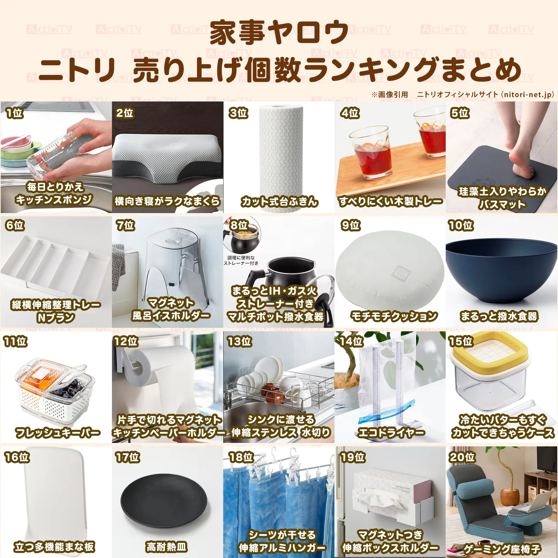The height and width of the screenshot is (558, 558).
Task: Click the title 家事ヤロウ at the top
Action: point(279,32)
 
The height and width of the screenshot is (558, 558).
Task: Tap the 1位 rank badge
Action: point(14,113)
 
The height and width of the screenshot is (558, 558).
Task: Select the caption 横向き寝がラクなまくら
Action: point(167,201)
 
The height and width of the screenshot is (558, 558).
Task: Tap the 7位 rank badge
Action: point(125,225)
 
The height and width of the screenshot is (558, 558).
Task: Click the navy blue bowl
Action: point(501,269)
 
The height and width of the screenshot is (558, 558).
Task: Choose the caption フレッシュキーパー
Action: point(58,433)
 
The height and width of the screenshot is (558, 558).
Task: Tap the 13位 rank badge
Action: point(239,341)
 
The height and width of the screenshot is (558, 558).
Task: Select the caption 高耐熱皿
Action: point(167,546)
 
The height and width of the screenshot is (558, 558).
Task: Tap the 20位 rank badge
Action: point(462,457)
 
